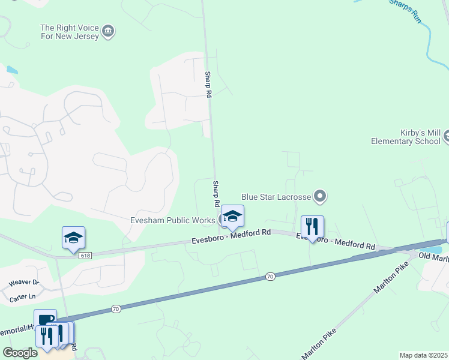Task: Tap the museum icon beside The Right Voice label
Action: pyautogui.click(x=109, y=31)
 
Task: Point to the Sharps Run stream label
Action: pyautogui.click(x=405, y=10)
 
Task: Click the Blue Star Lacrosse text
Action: pyautogui.click(x=276, y=196)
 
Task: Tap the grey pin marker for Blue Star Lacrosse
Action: pyautogui.click(x=320, y=196)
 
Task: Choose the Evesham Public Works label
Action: pyautogui.click(x=172, y=220)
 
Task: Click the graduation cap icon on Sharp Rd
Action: pyautogui.click(x=232, y=216)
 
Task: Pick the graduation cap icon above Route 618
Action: pyautogui.click(x=73, y=238)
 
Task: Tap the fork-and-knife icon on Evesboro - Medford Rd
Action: pyautogui.click(x=312, y=226)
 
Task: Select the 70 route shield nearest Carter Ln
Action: pyautogui.click(x=116, y=308)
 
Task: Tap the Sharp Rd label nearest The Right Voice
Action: pyautogui.click(x=208, y=85)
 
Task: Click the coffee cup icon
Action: pyautogui.click(x=45, y=320)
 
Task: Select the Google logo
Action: pyautogui.click(x=20, y=353)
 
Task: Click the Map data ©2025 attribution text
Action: pyautogui.click(x=423, y=355)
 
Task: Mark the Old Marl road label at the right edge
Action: pyautogui.click(x=433, y=257)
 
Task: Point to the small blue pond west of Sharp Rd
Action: pyautogui.click(x=11, y=70)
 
